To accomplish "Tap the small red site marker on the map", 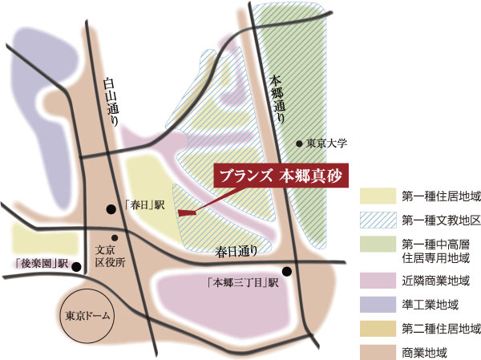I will click(x=187, y=213).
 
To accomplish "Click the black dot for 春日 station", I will click(x=111, y=209).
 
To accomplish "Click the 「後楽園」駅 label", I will click(x=39, y=262).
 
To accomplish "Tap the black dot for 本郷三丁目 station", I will click(x=286, y=271).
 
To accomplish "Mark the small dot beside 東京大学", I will click(x=299, y=144).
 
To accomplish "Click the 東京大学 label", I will click(x=325, y=144).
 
